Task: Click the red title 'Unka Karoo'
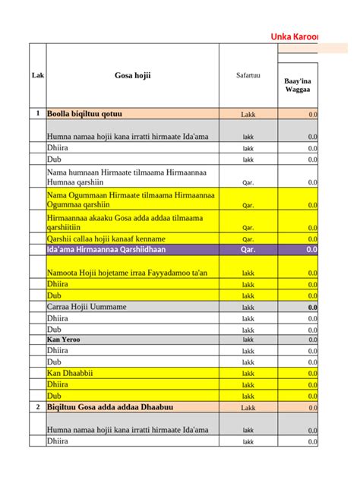(295, 37)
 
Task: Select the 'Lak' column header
(38, 75)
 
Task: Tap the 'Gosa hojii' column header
(133, 75)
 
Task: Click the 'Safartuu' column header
(248, 75)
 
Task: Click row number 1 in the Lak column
(38, 114)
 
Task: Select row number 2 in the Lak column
(38, 407)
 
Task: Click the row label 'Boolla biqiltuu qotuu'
(85, 114)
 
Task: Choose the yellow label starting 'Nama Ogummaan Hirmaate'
(131, 200)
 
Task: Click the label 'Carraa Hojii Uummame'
(87, 306)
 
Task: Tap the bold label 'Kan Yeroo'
(63, 339)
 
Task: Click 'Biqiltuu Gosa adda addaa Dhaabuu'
(110, 407)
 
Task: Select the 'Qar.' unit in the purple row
(248, 249)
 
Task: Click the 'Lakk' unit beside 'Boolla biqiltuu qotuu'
(248, 114)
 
